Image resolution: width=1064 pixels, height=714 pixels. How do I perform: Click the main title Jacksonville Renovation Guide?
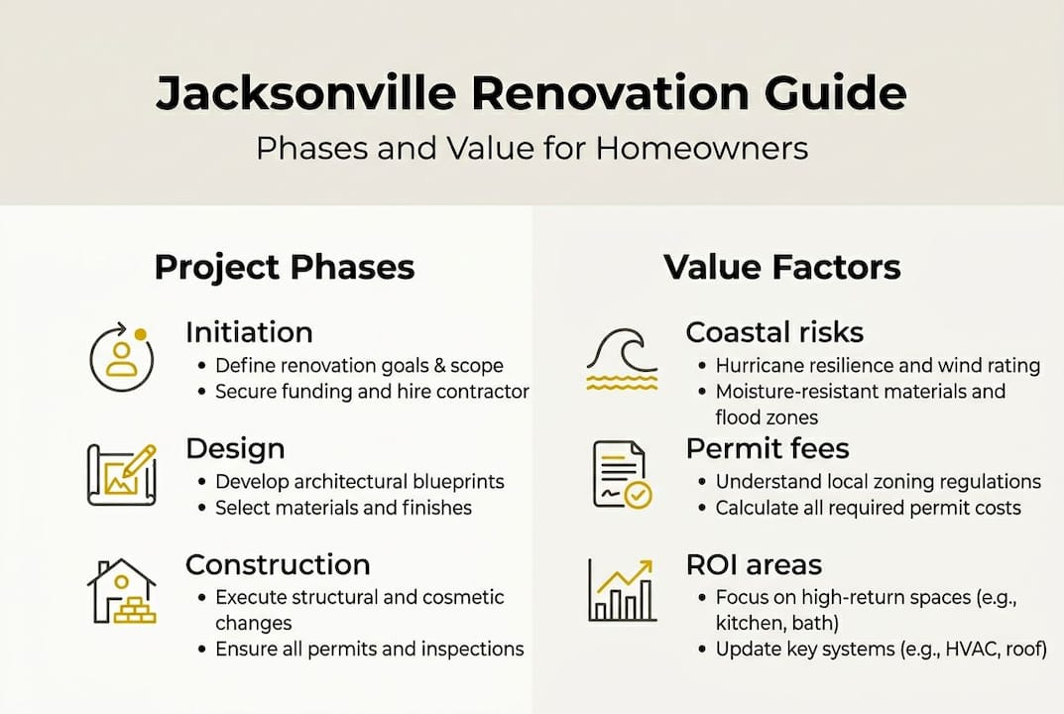coord(532,93)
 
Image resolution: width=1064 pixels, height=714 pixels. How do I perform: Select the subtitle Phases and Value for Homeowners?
coord(532,148)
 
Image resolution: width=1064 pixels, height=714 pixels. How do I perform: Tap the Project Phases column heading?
coord(285,267)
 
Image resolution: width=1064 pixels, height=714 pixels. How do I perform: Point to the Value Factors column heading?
coord(781,267)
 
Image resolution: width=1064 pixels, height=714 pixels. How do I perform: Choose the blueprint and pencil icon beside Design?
coord(122,473)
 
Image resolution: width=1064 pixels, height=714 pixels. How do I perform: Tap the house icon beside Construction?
coord(122,591)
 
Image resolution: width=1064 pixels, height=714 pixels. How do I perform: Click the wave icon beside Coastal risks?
coord(622,360)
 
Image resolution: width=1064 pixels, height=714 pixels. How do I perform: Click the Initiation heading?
coord(249,332)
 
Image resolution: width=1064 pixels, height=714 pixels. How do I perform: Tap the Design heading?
coord(235,448)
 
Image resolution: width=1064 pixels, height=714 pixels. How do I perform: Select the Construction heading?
coord(278,565)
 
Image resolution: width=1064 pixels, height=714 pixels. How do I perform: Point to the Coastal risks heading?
coord(774,332)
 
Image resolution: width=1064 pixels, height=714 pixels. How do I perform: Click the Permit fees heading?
coord(768,448)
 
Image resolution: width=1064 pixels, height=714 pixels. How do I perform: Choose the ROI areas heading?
coord(754,565)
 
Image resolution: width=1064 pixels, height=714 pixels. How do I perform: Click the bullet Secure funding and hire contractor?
coord(372,392)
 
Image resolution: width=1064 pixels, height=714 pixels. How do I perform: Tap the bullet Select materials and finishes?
coord(343,508)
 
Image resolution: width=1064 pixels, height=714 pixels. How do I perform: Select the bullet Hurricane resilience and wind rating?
coord(878,366)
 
